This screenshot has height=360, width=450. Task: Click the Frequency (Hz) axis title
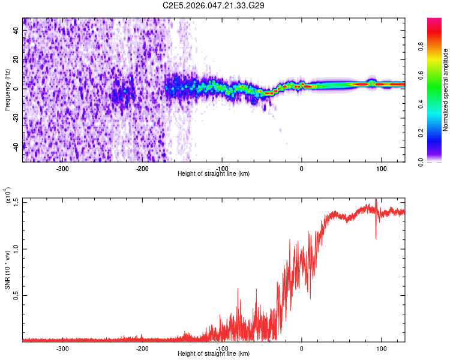click(x=7, y=90)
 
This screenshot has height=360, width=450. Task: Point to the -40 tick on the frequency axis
click(x=16, y=146)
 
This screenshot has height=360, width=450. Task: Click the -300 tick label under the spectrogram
click(x=63, y=168)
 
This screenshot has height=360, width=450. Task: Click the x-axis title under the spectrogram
click(x=214, y=174)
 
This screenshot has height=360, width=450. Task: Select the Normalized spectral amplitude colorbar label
click(x=446, y=90)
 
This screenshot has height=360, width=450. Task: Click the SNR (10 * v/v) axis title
click(x=7, y=270)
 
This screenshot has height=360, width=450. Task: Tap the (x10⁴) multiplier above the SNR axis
click(x=8, y=196)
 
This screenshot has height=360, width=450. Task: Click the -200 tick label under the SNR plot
click(x=142, y=349)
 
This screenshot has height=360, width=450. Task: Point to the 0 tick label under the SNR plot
click(x=302, y=349)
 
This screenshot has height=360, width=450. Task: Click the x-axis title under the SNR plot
click(x=214, y=354)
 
